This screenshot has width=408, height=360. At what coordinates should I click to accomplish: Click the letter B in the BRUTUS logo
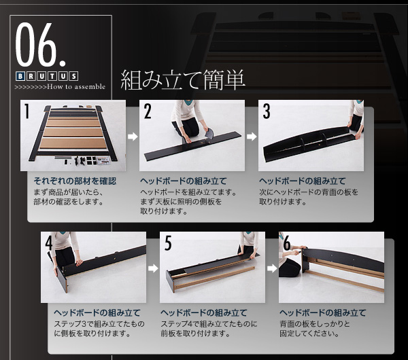(20, 76)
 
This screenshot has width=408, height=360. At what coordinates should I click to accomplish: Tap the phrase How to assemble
(76, 86)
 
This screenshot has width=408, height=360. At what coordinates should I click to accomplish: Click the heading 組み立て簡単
(183, 80)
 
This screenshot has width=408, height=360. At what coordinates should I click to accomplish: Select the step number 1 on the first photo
(27, 111)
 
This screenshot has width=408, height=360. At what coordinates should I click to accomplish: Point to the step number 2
(148, 111)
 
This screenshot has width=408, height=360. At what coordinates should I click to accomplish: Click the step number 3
(267, 111)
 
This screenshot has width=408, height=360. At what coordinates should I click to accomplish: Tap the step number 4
(49, 243)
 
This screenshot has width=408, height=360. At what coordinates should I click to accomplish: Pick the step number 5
(168, 243)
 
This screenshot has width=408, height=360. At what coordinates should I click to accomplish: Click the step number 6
(287, 243)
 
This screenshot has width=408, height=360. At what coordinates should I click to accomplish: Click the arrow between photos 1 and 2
(133, 137)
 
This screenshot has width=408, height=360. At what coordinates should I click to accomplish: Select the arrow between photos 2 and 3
(252, 137)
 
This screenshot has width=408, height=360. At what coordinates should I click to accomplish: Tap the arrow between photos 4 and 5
(153, 268)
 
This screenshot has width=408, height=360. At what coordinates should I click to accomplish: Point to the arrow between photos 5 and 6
(272, 268)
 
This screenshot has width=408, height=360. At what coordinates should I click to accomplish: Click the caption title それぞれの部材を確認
(75, 181)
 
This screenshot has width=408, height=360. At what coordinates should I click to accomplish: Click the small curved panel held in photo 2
(209, 134)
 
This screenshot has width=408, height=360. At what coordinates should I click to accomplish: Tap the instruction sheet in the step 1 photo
(103, 161)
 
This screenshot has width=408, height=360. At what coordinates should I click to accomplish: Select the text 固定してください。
(309, 334)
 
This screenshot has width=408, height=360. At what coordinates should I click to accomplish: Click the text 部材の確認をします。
(69, 202)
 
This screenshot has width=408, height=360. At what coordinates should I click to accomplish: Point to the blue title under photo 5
(204, 312)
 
